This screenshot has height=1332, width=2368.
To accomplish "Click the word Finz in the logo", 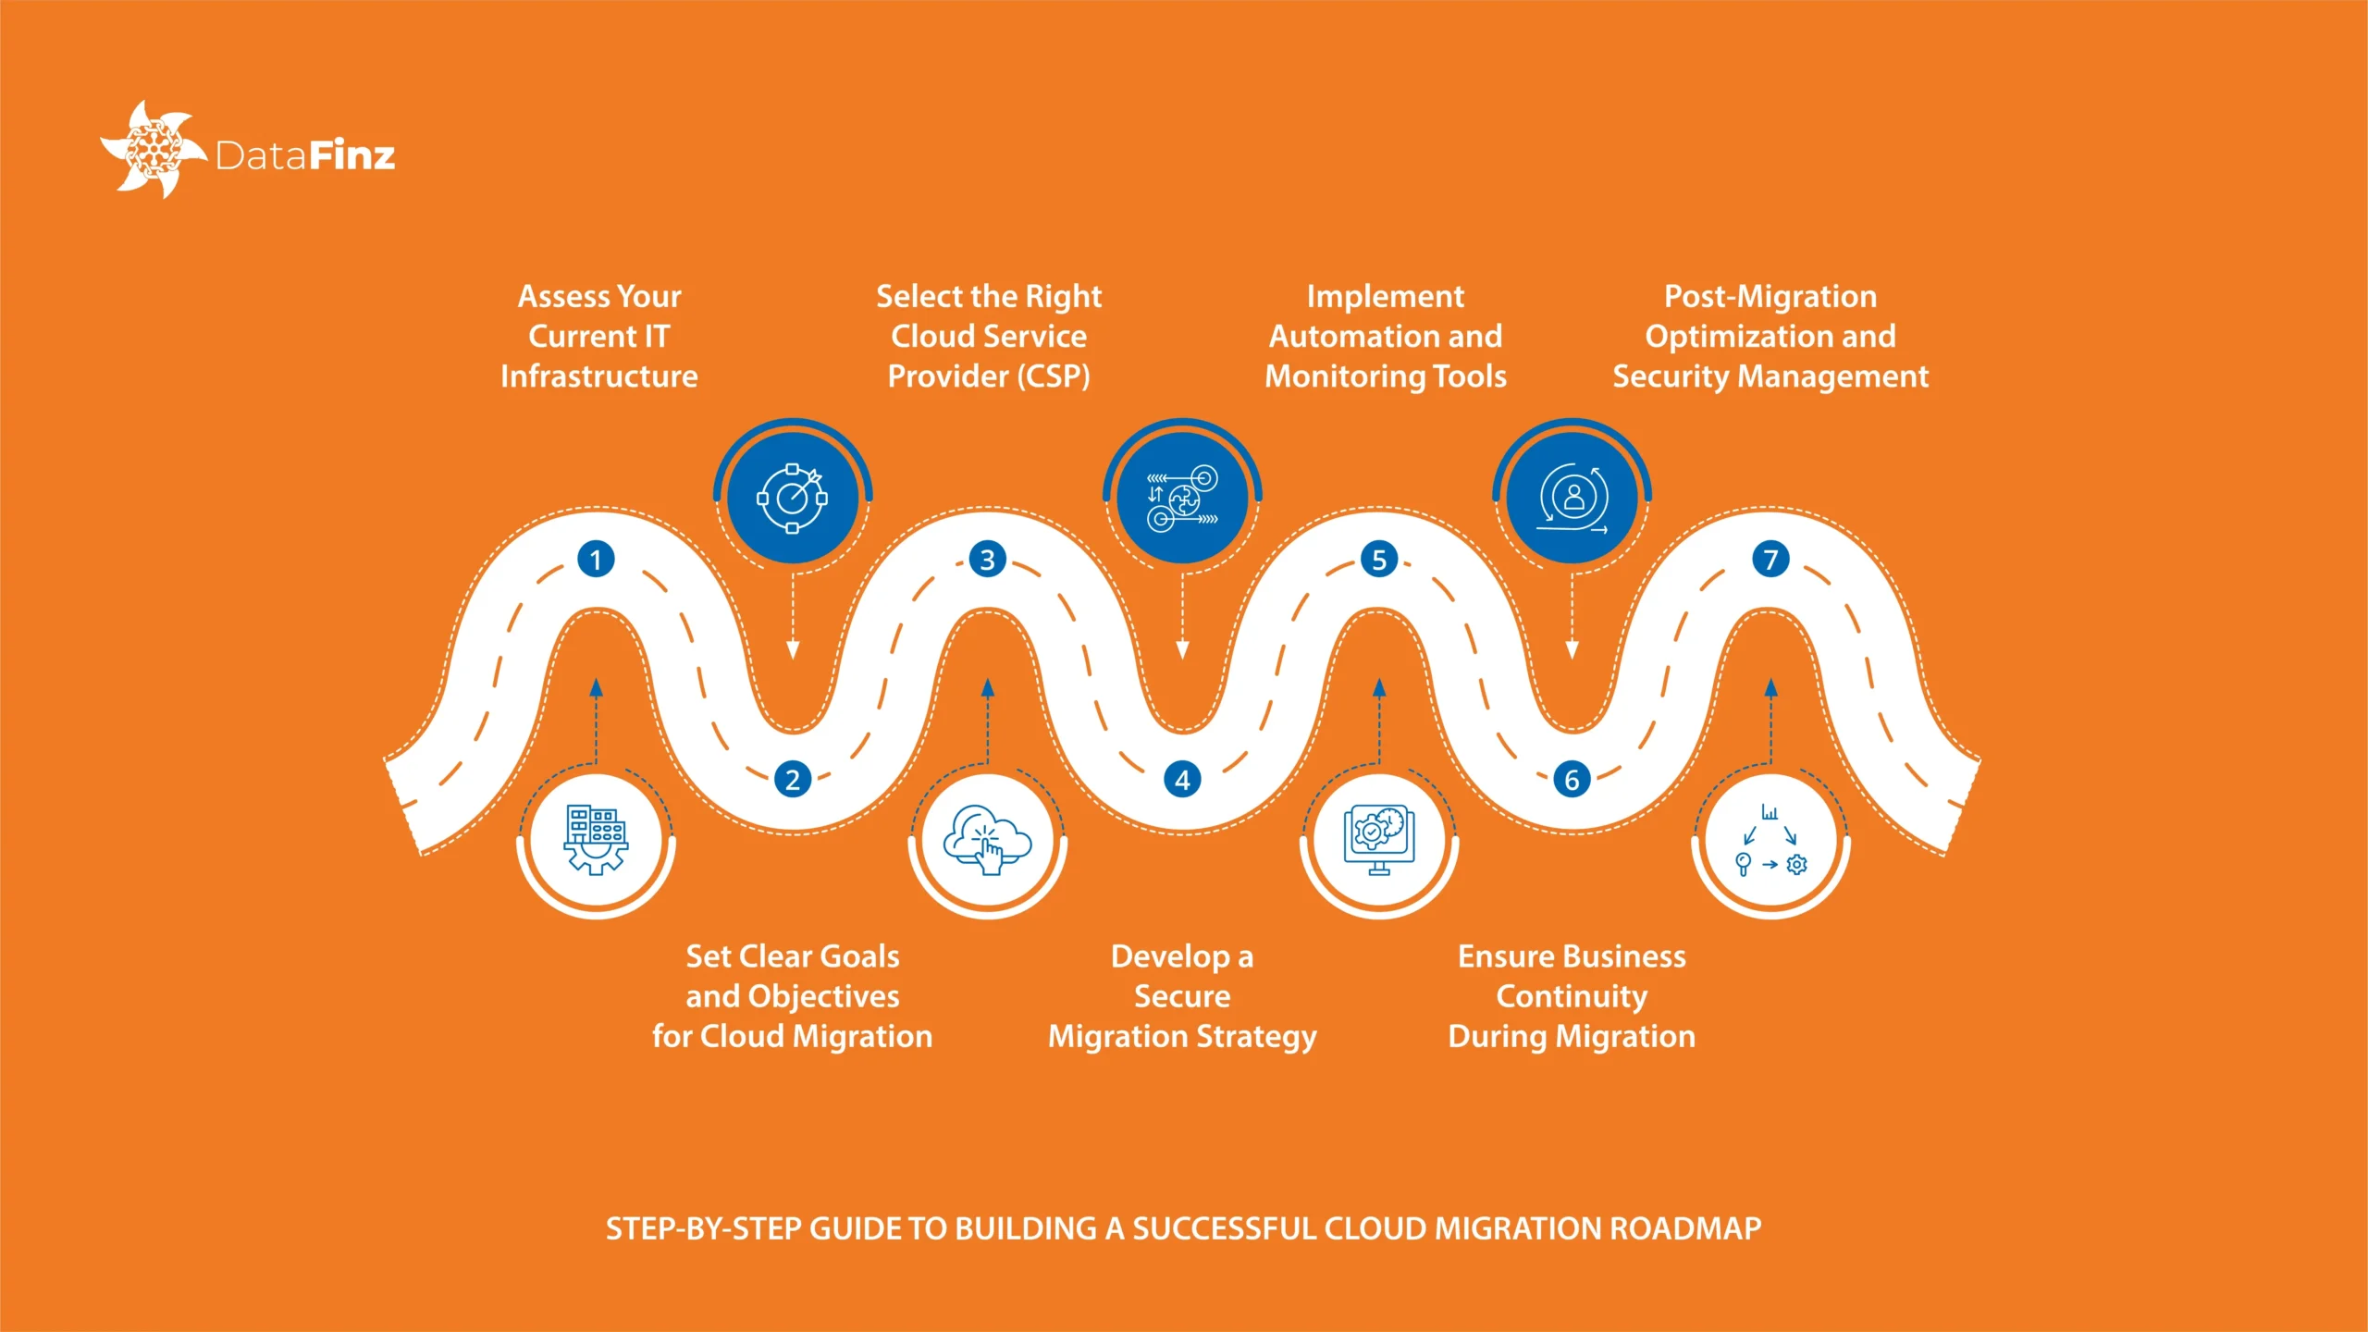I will click(x=351, y=155).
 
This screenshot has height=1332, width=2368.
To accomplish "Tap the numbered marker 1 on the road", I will click(x=596, y=559).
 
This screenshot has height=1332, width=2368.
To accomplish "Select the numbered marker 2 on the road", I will click(x=792, y=780).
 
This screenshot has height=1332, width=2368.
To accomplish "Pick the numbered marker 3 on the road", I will click(x=987, y=559).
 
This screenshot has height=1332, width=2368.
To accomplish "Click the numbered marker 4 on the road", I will click(x=1182, y=780).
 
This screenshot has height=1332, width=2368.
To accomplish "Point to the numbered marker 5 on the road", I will click(x=1378, y=559).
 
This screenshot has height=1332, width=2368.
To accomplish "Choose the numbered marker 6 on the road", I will click(x=1572, y=780).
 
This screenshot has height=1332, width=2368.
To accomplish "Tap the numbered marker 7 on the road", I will click(x=1770, y=559).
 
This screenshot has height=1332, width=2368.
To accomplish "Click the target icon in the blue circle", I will click(x=792, y=498).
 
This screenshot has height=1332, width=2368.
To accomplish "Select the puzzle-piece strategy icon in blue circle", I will click(x=1182, y=498).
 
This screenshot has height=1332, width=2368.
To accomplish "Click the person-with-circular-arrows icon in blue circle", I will click(x=1572, y=498).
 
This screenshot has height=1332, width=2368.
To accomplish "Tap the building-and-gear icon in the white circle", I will click(x=596, y=840).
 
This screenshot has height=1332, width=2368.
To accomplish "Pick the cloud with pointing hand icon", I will click(x=987, y=840).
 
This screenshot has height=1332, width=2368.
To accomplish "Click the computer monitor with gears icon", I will click(x=1378, y=840).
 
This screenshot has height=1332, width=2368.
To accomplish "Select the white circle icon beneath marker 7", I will click(x=1770, y=840).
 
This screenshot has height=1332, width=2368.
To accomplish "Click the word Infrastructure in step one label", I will click(x=598, y=376).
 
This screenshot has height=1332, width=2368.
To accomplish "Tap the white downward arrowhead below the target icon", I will click(x=792, y=650).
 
